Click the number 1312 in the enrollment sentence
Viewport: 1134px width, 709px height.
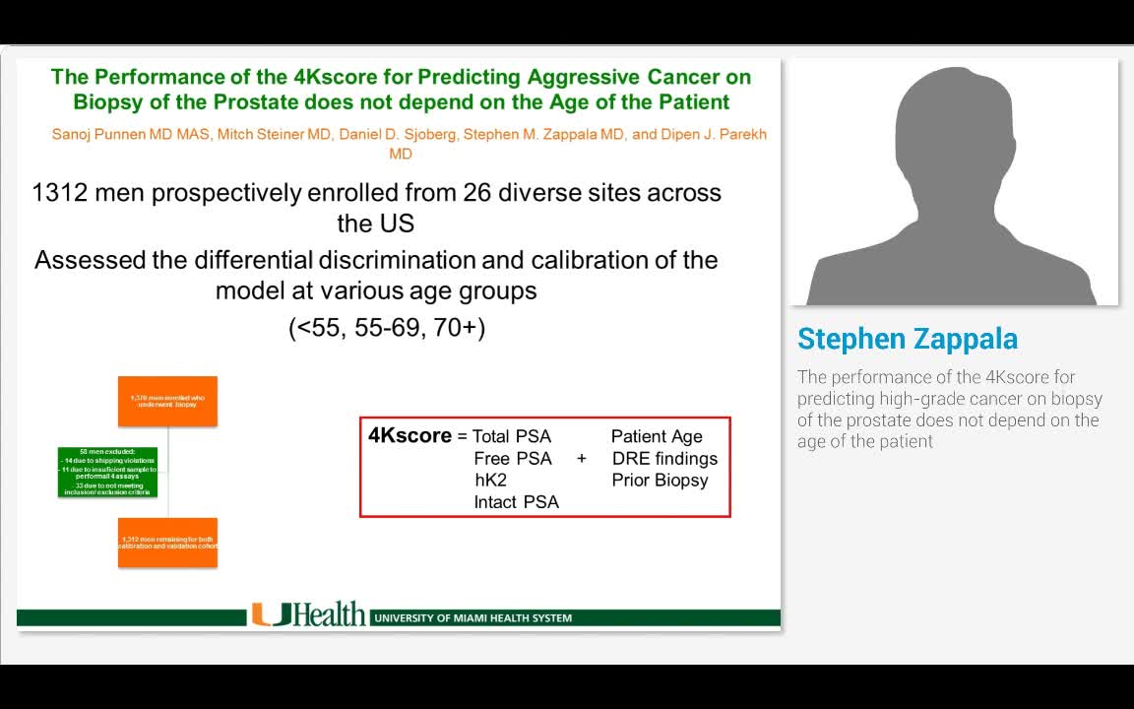[x=60, y=193]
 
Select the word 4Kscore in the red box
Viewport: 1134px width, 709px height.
[x=409, y=435]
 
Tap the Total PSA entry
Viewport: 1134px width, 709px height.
[x=512, y=436]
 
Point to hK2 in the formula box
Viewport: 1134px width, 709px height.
[x=490, y=481]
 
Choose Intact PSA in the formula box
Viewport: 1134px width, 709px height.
[x=516, y=502]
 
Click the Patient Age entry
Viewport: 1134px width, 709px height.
[x=657, y=436]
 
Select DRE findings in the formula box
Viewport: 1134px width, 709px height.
[x=664, y=459]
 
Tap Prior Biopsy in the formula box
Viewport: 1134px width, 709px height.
[x=660, y=481]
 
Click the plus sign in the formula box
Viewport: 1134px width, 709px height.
[x=582, y=459]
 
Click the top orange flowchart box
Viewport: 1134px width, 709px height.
[x=167, y=401]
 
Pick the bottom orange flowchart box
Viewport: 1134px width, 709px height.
[x=167, y=542]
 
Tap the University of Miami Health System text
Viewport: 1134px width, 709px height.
[x=473, y=618]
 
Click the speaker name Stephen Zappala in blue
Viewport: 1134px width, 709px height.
[x=908, y=339]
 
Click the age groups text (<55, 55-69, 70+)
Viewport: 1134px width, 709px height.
[x=387, y=328]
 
